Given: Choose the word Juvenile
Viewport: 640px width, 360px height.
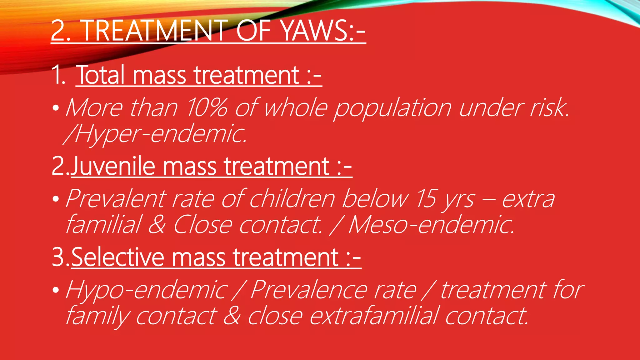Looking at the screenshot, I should click(x=113, y=166).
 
